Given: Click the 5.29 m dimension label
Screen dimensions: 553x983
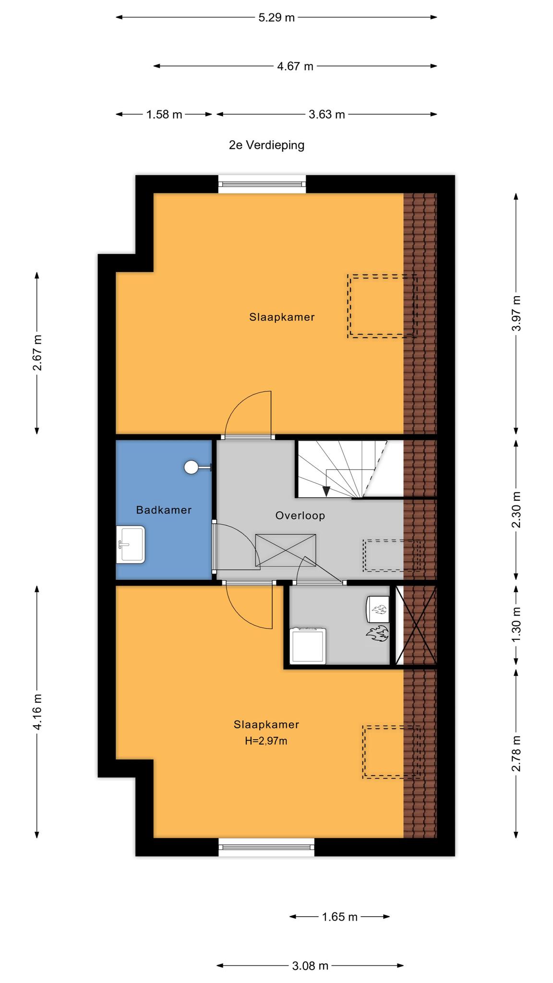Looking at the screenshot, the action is point(276,18).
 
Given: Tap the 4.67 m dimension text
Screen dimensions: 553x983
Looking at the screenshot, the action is point(295,66).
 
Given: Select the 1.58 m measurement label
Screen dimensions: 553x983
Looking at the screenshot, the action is point(164,115).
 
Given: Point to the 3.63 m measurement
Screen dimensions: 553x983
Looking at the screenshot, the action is point(326,115).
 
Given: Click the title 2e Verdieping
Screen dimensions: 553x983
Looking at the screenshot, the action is point(266,145).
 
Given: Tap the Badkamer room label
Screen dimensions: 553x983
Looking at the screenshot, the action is point(164,510).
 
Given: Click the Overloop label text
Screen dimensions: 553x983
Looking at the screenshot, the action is point(300,515).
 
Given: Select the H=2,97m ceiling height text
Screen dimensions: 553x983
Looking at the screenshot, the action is point(266,741).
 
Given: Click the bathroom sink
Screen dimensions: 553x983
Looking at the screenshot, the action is point(131,544).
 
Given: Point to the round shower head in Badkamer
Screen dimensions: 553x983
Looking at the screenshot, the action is point(191,467).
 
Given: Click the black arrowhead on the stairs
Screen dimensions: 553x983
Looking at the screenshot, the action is point(326,491).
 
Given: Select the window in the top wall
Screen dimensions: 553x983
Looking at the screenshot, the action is point(262,184).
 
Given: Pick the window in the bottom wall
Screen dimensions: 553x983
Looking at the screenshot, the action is point(266,848).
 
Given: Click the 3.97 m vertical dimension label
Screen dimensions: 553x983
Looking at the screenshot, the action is point(516,313).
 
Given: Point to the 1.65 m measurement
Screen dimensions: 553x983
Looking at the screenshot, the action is point(340,917).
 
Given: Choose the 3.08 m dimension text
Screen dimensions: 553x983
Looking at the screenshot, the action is point(310,966).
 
